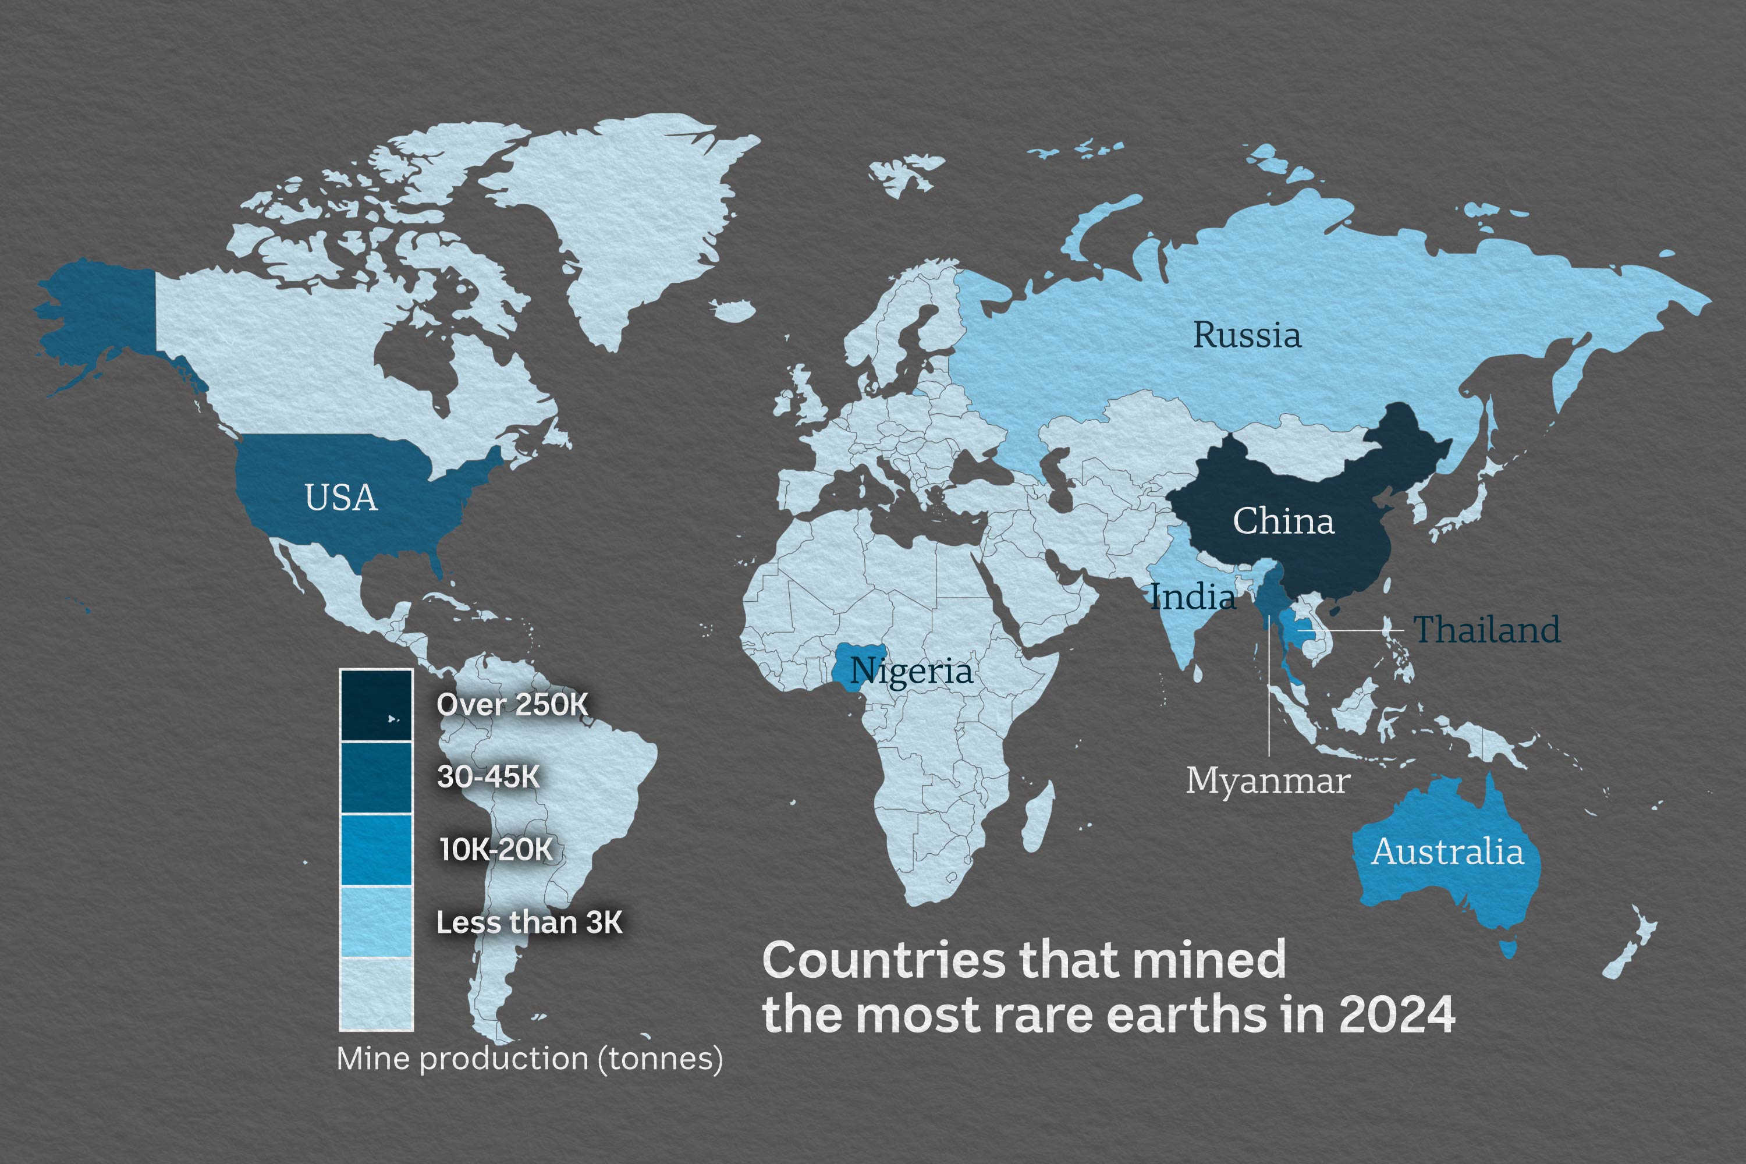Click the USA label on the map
click(x=340, y=498)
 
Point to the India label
click(x=1193, y=597)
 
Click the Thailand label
click(x=1486, y=630)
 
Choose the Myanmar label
click(x=1267, y=780)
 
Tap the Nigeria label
click(x=911, y=671)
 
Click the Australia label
click(x=1447, y=851)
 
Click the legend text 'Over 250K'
click(x=512, y=704)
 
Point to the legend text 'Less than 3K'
click(x=529, y=922)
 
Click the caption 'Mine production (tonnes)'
click(x=529, y=1059)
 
